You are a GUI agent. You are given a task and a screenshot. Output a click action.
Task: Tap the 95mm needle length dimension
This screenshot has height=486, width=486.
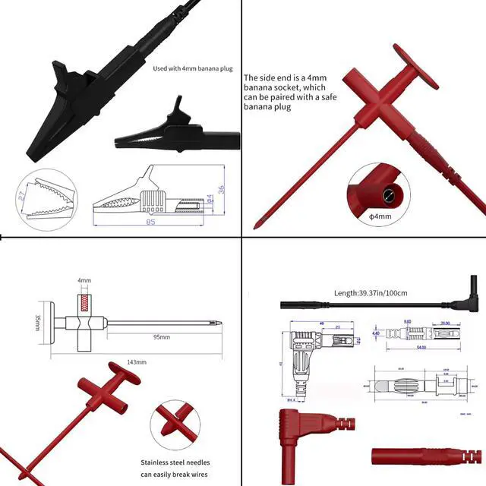(x=160, y=336)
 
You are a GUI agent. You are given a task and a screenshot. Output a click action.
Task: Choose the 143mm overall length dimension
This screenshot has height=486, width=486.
(x=137, y=362)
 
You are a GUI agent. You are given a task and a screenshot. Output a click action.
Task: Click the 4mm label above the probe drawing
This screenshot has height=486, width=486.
(x=84, y=280)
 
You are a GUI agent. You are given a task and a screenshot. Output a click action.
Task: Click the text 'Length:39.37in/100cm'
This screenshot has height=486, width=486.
(x=371, y=292)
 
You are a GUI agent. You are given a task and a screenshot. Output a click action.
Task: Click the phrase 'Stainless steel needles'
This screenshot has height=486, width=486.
(x=175, y=462)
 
